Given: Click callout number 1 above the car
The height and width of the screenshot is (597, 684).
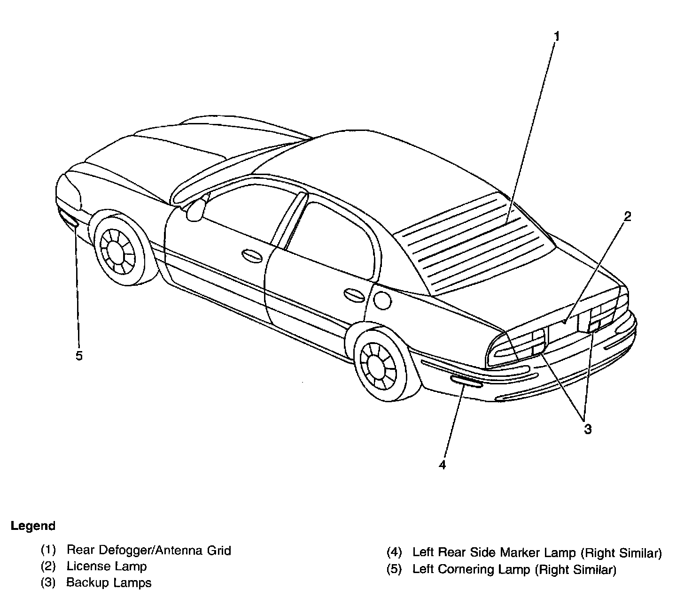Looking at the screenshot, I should (556, 36).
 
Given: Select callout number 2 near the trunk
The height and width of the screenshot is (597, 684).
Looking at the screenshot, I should (627, 216).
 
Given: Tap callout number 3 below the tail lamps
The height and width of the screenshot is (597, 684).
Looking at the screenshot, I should (587, 429).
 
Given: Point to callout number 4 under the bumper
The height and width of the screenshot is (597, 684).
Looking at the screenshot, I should (442, 464).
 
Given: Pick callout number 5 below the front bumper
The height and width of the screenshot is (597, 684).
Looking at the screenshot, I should (79, 355).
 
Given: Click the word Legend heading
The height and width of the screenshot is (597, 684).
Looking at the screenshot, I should (33, 526).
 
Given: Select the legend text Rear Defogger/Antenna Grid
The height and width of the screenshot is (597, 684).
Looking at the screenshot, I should (148, 550).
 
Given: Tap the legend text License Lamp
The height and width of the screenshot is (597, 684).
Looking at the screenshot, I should (106, 566).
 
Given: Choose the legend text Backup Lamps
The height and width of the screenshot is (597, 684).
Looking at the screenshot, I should (109, 583).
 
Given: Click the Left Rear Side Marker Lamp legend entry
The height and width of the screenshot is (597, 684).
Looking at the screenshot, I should (536, 553).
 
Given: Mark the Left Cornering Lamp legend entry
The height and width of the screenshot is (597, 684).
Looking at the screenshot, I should (513, 570).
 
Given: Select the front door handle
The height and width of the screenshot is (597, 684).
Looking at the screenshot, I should (252, 255).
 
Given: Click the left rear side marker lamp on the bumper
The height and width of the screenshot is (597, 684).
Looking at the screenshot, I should (466, 381).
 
